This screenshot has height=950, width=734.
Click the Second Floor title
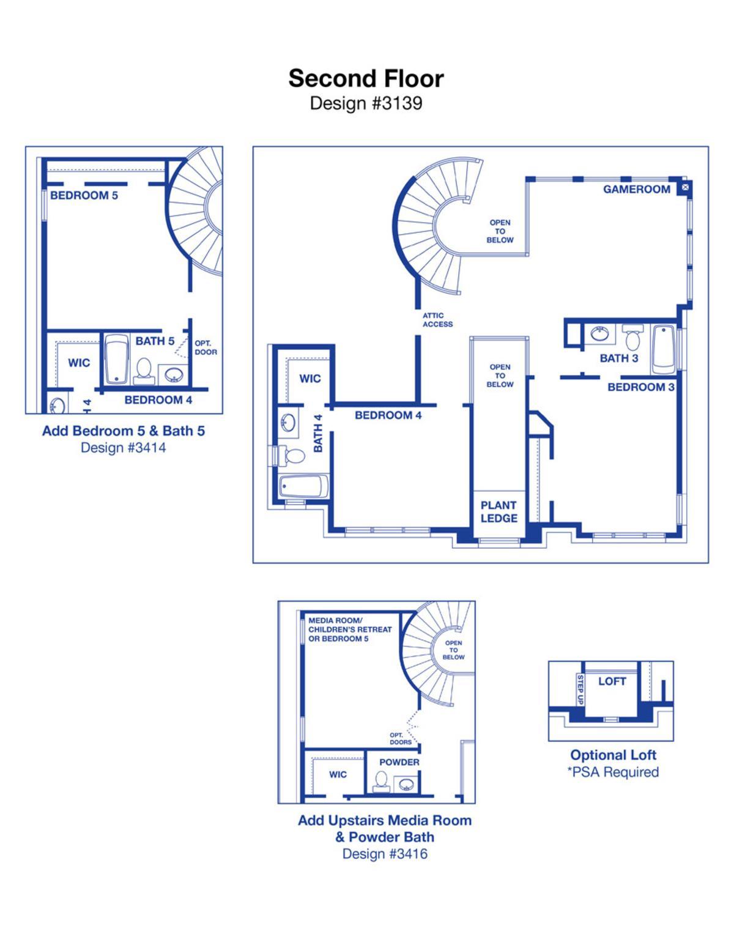pyautogui.click(x=366, y=79)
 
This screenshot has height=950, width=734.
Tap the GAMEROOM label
pyautogui.click(x=637, y=189)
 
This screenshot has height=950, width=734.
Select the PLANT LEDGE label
pyautogui.click(x=499, y=511)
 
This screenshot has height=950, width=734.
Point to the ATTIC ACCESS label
pyautogui.click(x=437, y=319)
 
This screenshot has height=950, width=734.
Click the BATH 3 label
pyautogui.click(x=618, y=358)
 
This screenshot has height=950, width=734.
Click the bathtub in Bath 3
pyautogui.click(x=663, y=349)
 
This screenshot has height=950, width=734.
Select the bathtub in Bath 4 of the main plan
pyautogui.click(x=304, y=486)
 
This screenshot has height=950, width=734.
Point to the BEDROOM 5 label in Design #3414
pyautogui.click(x=84, y=195)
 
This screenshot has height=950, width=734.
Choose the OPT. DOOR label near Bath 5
pyautogui.click(x=206, y=347)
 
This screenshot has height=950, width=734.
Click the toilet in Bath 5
pyautogui.click(x=143, y=371)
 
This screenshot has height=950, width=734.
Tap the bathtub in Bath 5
pyautogui.click(x=117, y=359)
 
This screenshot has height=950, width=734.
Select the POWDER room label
pyautogui.click(x=399, y=762)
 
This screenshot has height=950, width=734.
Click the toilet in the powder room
pyautogui.click(x=381, y=781)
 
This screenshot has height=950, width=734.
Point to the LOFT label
pyautogui.click(x=612, y=681)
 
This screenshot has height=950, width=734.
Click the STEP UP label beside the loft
pyautogui.click(x=580, y=689)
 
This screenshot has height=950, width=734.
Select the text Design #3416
pyautogui.click(x=385, y=853)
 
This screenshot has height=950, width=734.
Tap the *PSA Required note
pyautogui.click(x=613, y=772)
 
